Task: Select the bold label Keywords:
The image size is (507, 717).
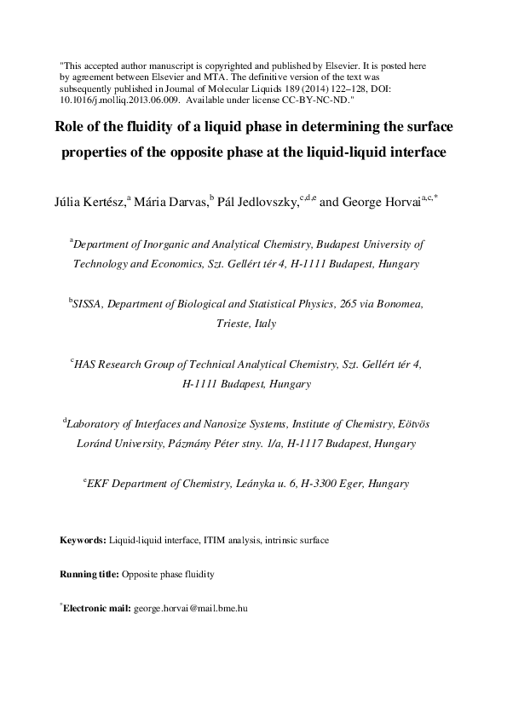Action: [83, 540]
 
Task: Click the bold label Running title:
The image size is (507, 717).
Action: [89, 575]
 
